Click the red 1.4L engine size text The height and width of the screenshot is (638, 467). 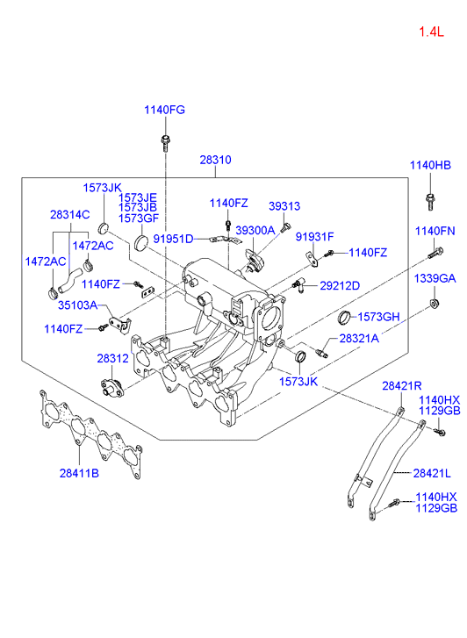[x=432, y=32]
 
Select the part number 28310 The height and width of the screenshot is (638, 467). [x=215, y=160]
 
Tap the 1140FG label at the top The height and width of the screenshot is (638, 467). [x=164, y=110]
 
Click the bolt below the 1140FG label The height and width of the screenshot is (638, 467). [x=165, y=142]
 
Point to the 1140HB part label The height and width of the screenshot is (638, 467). [x=430, y=165]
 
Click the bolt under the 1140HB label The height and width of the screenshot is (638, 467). [x=430, y=202]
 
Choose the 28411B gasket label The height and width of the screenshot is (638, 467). [x=79, y=473]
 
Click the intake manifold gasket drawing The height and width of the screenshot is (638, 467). [x=91, y=434]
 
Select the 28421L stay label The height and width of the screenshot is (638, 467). [x=432, y=473]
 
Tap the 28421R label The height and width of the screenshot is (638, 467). [x=402, y=386]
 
